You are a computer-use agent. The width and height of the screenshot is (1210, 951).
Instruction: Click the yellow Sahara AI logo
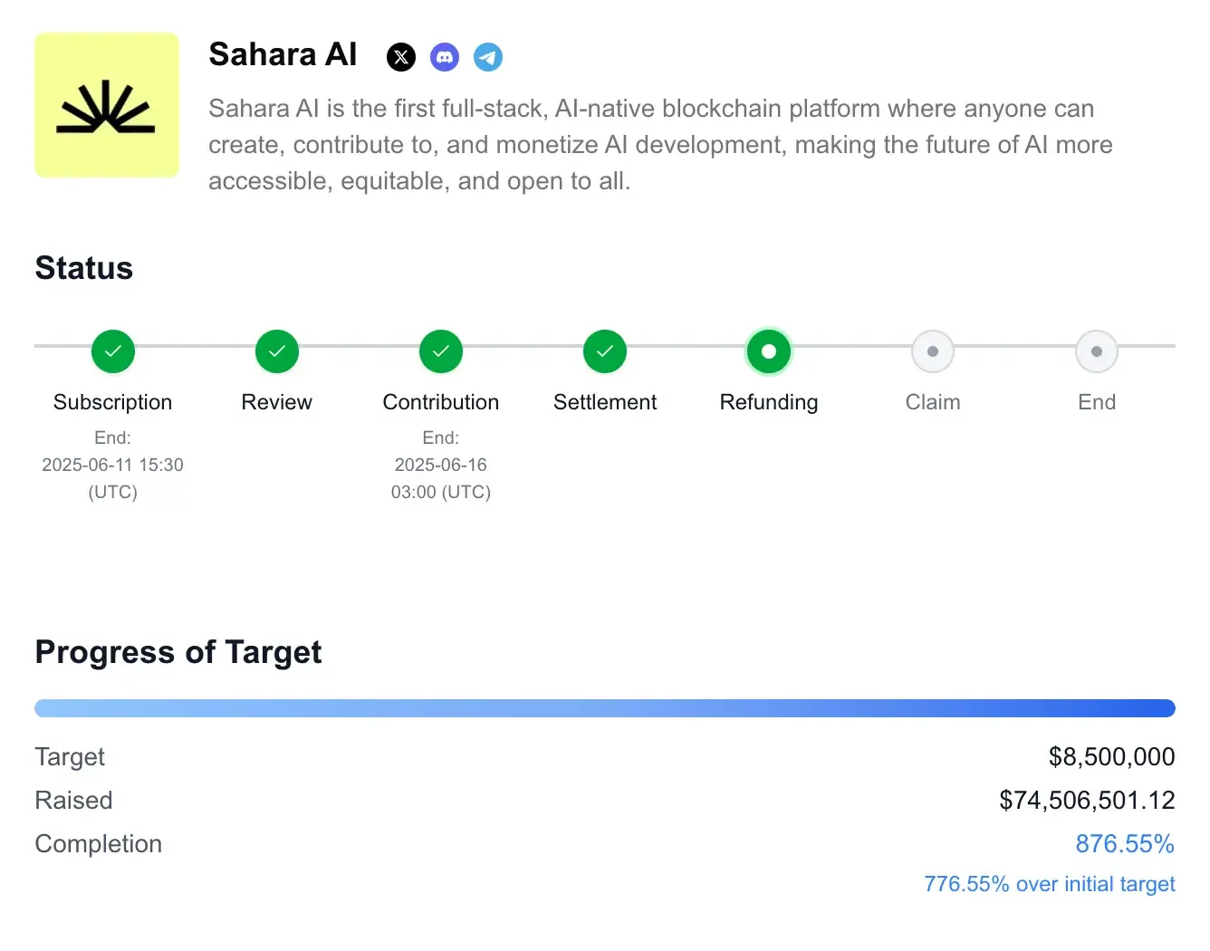pos(107,105)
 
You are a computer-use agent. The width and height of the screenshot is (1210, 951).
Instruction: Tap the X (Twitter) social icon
pos(401,57)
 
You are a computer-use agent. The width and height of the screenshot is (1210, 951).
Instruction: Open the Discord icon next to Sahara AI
pos(445,57)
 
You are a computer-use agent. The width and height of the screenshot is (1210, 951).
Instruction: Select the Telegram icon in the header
pos(488,57)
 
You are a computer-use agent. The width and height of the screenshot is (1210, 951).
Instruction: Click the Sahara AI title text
pos(283,54)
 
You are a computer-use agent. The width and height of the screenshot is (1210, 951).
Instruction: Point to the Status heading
pos(84,268)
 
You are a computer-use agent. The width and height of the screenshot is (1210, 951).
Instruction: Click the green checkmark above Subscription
pos(113,351)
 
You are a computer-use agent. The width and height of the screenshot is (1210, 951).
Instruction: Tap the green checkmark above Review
pos(277,351)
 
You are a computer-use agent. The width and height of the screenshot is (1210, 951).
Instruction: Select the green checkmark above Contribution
pos(441,351)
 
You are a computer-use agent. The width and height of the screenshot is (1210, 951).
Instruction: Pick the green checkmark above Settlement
pos(605,351)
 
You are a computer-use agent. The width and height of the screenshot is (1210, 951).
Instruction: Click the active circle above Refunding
pos(769,351)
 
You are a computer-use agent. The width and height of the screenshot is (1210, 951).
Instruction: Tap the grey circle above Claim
pos(933,351)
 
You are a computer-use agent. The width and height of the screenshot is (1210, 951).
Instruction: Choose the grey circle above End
pos(1097,351)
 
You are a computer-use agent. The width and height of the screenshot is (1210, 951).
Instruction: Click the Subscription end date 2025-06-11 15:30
pos(112,465)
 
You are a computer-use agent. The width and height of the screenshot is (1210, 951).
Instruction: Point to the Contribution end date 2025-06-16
pos(441,465)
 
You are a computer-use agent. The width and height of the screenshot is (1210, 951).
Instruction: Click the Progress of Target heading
pos(178,652)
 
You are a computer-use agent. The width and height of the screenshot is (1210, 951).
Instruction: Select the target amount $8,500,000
pos(1111,756)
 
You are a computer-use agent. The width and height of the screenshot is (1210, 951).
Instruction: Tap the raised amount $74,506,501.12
pos(1087,800)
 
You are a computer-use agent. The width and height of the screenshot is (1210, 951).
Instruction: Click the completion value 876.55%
pos(1125,843)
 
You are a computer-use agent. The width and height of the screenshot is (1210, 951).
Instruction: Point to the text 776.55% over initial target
pos(1050,884)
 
